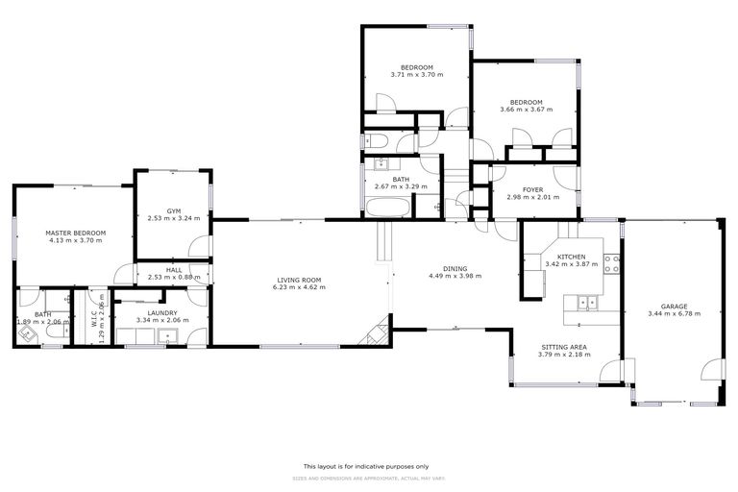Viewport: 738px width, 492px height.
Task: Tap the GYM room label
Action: point(174,210)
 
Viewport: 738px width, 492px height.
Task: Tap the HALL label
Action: point(174,270)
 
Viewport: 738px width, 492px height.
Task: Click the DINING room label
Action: point(455,268)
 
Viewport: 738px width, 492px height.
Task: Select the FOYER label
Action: point(533,189)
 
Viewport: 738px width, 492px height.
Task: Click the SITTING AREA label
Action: point(564,346)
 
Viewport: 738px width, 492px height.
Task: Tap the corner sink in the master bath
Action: point(26,334)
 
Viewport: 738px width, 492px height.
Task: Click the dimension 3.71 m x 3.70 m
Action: point(416,74)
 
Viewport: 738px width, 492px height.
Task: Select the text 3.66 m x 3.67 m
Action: point(526,110)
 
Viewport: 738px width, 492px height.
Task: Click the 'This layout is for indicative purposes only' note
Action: point(368,465)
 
